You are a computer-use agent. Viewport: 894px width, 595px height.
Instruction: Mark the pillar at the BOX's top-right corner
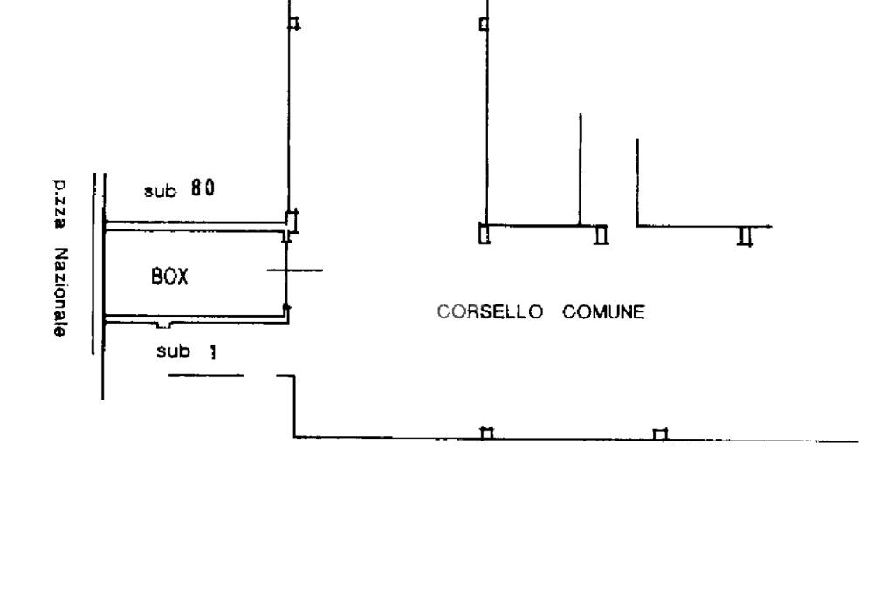292,222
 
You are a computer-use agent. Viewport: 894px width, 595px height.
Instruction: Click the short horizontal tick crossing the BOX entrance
294,270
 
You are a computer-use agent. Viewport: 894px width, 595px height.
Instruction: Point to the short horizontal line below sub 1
205,376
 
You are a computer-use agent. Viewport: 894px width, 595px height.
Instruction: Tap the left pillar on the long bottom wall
487,433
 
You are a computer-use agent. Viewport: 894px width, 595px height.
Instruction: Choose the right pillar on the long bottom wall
661,434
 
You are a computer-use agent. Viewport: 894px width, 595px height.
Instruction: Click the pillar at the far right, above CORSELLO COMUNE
745,236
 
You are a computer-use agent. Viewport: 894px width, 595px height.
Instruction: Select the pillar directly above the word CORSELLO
485,234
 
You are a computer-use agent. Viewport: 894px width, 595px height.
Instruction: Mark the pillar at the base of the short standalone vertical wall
601,236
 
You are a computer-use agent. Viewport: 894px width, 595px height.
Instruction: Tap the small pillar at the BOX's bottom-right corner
289,309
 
